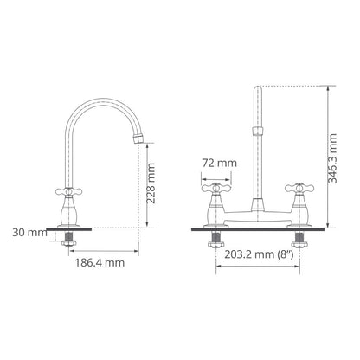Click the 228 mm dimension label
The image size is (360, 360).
tap(151, 183)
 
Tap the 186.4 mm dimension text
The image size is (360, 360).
tap(100, 263)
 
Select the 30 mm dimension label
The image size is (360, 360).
tap(29, 233)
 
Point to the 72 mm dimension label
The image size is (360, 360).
tap(219, 164)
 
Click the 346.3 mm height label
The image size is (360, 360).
tap(332, 158)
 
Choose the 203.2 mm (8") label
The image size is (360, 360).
tap(259, 254)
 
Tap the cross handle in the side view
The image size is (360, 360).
tap(68, 191)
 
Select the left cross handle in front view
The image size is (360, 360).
tap(216, 189)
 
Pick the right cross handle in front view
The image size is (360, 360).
tap(299, 189)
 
